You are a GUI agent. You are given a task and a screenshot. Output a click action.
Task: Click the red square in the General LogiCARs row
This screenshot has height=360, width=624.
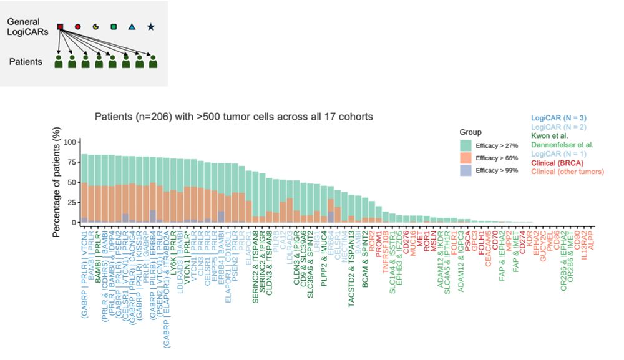(x=60, y=27)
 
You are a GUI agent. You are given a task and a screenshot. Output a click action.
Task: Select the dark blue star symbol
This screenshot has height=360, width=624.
(x=150, y=27)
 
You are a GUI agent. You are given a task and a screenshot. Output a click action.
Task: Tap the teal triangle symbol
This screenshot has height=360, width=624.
(x=132, y=27)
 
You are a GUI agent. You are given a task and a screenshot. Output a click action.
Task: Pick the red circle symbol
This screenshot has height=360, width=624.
(x=78, y=27)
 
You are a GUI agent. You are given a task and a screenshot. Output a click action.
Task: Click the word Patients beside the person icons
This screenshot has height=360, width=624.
(x=25, y=62)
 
